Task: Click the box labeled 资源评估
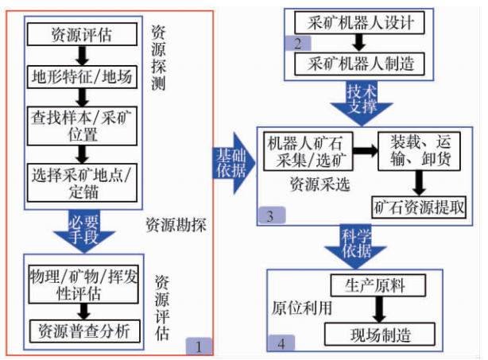click(81, 34)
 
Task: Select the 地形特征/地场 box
click(81, 78)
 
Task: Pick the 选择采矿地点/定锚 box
click(81, 180)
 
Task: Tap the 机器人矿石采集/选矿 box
click(305, 149)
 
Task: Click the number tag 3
click(270, 215)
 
